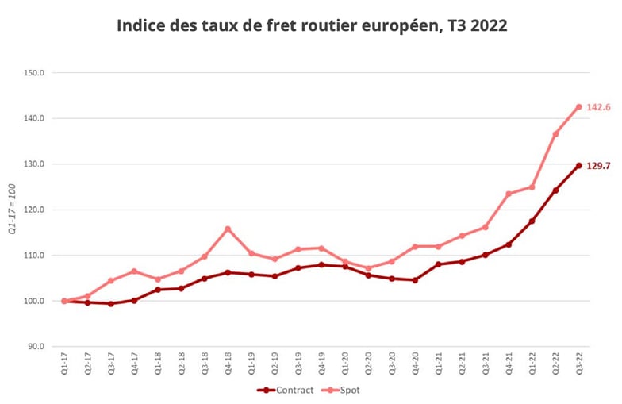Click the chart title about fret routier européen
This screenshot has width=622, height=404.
point(312,25)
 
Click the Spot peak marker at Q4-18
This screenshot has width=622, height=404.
point(228,229)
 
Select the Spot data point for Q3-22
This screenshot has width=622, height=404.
point(578,106)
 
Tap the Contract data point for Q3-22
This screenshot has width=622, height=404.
point(578,165)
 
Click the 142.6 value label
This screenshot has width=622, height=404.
point(598,106)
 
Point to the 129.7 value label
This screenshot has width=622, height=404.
point(598,166)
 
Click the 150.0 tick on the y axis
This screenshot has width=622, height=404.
point(36,73)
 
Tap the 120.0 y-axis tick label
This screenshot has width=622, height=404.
point(36,210)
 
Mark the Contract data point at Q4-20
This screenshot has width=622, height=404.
point(415,280)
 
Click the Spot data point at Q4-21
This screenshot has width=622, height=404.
point(509,194)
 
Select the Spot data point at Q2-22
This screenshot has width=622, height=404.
point(555,134)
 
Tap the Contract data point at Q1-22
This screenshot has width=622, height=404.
point(532,221)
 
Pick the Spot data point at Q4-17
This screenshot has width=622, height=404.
point(134,271)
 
